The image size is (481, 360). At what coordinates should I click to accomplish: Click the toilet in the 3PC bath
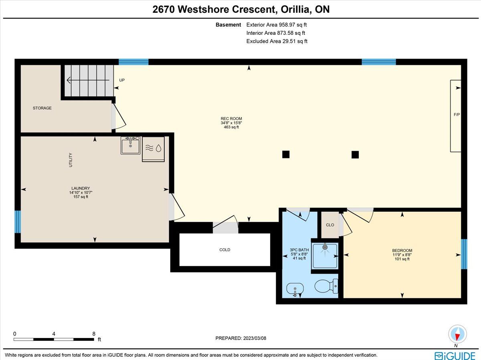pos(326,286)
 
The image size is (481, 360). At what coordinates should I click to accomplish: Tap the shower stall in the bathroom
pos(325,255)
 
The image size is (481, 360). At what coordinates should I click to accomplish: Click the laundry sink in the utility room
pos(130,145)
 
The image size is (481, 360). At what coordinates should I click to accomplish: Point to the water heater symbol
pos(153,149)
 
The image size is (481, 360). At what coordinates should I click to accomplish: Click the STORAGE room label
pos(42,108)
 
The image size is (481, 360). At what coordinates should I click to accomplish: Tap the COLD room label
pos(224,250)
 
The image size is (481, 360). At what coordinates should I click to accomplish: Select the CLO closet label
pos(330,225)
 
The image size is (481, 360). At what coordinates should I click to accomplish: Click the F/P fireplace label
pos(457,115)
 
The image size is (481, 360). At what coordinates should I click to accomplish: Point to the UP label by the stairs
pos(122,80)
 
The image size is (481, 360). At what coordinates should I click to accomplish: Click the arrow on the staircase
pos(88,80)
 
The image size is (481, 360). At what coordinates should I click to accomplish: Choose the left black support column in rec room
pos(286,154)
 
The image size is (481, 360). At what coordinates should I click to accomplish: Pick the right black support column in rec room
pos(355,155)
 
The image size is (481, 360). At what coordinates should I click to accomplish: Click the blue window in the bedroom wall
pos(464,254)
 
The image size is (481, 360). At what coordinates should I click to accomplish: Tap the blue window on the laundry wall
pos(18,222)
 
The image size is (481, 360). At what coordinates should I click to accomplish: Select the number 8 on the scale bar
pos(94,334)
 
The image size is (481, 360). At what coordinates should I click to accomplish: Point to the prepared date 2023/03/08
pos(255,338)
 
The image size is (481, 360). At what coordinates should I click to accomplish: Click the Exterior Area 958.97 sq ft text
pos(276,25)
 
